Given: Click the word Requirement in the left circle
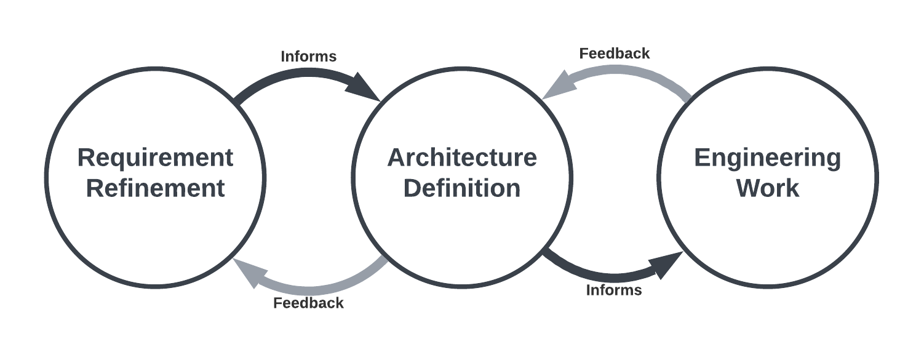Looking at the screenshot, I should [155, 158].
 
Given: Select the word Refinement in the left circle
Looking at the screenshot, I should [155, 188].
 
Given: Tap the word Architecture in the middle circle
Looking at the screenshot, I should [461, 158].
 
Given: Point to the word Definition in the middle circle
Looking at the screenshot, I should [461, 188].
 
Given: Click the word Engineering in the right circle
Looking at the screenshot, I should [767, 158].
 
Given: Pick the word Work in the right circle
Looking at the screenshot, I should [767, 188].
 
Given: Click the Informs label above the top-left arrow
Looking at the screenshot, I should [308, 57].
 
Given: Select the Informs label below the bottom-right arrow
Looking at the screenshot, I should [613, 290].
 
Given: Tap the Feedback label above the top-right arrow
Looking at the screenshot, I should [614, 54].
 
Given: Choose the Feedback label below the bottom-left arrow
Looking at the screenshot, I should [308, 303].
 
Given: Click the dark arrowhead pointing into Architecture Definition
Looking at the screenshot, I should [364, 87].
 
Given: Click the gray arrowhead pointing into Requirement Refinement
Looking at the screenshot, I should [249, 271].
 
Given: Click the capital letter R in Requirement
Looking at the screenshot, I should [86, 158].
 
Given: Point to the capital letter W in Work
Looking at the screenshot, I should [748, 188].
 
